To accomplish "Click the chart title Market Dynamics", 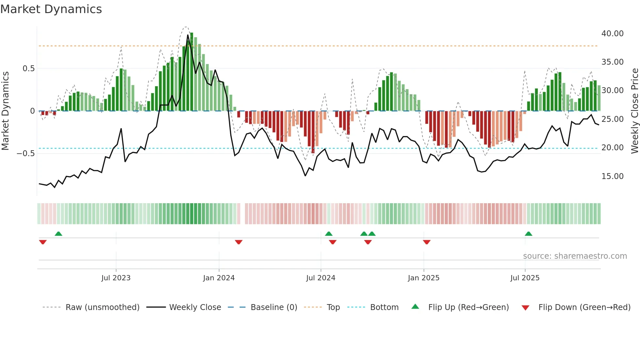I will pos(51,9).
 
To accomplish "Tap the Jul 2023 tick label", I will pos(116,278).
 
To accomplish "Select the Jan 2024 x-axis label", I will pos(219,278).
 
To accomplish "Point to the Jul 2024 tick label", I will pos(321,278).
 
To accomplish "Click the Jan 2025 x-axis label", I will pos(424,278).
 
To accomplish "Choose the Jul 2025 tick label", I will pos(525,278).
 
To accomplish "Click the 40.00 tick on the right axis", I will pos(612,34).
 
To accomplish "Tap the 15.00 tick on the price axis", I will pos(612,176).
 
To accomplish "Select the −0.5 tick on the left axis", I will pos(25,154).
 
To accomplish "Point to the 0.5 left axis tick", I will pos(28,69).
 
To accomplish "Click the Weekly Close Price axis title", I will pos(634,111).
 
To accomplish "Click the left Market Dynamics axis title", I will pos(5,111).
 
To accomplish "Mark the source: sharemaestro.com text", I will pos(575,256).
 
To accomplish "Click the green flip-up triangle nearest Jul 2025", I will pos(528,234).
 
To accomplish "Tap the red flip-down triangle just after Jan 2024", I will pos(239,242).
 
